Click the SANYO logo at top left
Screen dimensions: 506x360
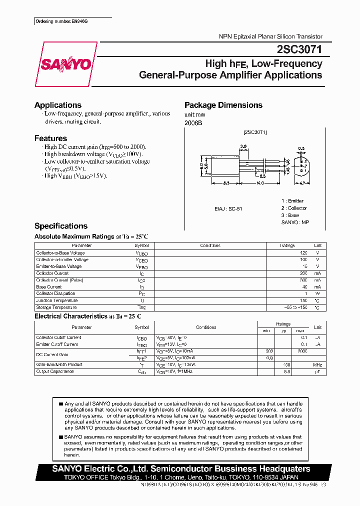point(65,64)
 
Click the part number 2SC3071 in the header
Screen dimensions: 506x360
point(299,50)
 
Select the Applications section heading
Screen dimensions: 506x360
point(57,105)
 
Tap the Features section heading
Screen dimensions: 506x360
point(50,138)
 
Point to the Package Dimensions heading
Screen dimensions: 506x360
point(223,105)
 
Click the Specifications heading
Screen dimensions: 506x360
point(60,226)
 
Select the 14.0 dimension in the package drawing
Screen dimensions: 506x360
point(260,183)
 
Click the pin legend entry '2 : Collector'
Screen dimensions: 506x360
point(294,208)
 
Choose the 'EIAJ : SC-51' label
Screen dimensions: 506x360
point(228,208)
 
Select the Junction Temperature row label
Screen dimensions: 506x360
point(57,300)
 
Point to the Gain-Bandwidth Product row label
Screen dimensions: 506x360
point(59,364)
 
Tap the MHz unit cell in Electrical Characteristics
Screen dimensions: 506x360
point(317,365)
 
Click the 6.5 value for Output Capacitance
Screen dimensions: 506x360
point(287,372)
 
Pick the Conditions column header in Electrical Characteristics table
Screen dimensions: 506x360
point(206,327)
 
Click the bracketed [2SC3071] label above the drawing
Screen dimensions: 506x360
point(255,132)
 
